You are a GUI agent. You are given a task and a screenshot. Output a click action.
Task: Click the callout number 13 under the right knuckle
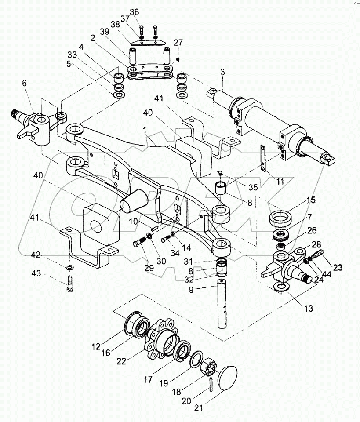point(309,309)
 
